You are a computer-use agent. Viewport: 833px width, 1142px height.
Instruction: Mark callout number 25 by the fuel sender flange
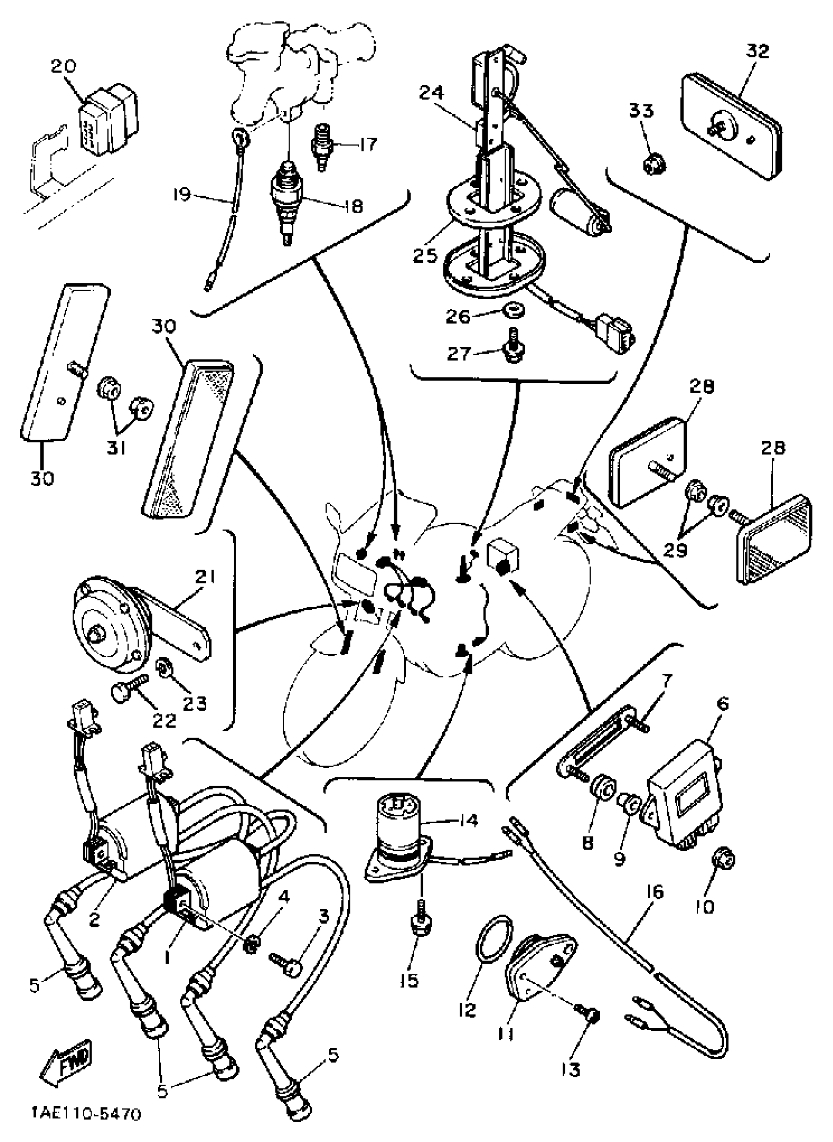click(x=425, y=255)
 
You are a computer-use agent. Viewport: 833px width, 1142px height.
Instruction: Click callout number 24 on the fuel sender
click(x=432, y=92)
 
